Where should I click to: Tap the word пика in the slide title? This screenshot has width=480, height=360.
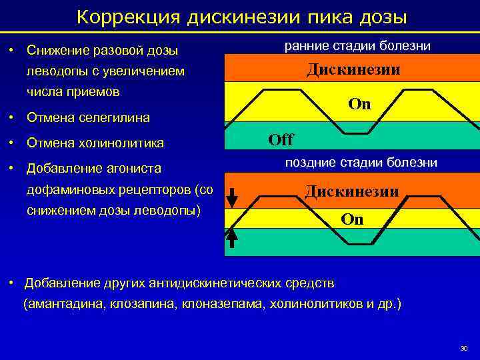coord(329,16)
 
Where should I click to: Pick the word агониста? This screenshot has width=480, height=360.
coord(141,169)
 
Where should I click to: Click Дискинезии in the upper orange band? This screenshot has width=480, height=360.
coord(353,69)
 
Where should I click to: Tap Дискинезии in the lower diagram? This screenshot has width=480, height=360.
coord(352,192)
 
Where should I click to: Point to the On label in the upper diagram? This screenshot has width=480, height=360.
coord(360,104)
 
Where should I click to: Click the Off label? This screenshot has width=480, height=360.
coord(280,140)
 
